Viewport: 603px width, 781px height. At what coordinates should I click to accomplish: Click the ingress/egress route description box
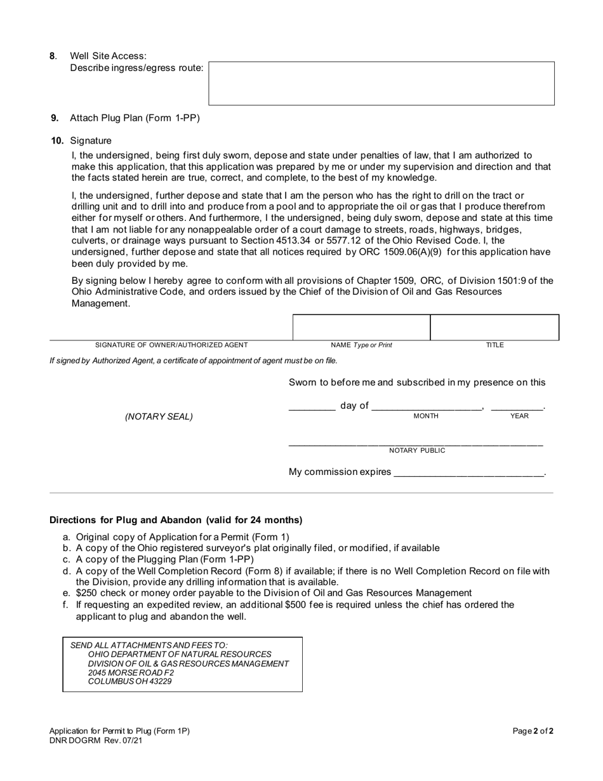point(381,83)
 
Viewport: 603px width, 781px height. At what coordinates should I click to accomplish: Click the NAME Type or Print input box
point(361,328)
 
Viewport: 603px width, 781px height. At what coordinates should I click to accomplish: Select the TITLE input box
point(494,328)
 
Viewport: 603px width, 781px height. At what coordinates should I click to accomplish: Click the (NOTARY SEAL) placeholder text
point(159,417)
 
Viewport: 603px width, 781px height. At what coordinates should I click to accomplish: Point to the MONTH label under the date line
point(426,416)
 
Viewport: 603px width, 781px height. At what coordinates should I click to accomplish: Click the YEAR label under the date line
point(519,416)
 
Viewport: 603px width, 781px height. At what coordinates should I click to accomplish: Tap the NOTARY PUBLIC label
point(417,450)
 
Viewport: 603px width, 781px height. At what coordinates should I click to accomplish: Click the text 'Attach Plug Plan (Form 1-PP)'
point(135,117)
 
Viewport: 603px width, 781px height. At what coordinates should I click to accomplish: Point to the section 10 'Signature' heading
point(91,140)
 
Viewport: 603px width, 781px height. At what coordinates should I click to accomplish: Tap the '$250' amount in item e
point(88,592)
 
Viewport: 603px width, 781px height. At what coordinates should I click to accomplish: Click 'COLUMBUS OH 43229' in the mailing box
point(129,681)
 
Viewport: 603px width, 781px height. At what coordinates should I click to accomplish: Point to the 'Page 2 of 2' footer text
point(533,731)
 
